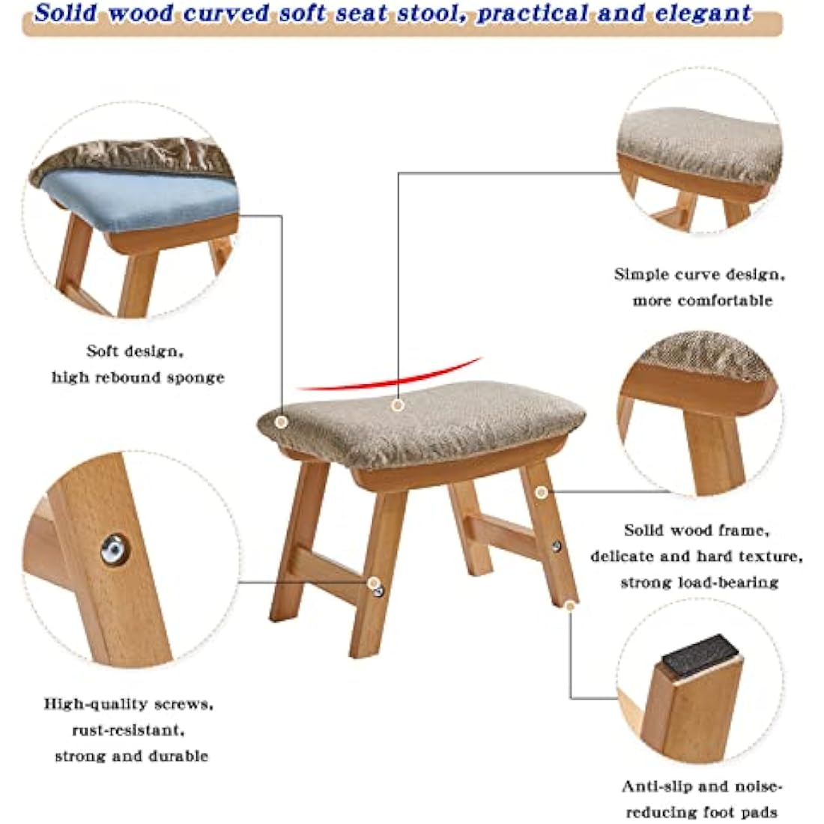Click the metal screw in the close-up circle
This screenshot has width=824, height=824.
114,549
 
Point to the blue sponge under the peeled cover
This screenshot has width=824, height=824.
135,197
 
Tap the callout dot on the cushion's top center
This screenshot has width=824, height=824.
398,405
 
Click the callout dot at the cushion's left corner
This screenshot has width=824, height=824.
281,422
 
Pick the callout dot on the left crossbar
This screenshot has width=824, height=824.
372,582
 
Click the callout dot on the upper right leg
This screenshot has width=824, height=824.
541,492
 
